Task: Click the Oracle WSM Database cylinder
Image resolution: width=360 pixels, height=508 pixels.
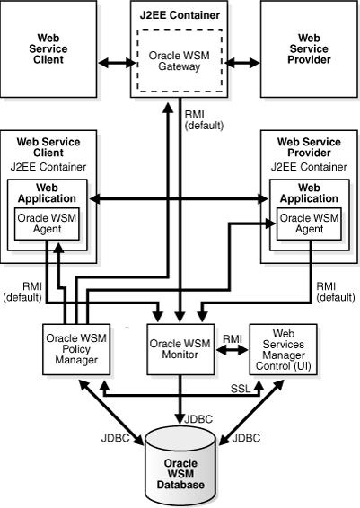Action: tap(180, 467)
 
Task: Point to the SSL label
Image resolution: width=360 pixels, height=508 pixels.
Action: tap(241, 389)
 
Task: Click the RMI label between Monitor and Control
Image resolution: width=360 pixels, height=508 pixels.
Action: tap(233, 339)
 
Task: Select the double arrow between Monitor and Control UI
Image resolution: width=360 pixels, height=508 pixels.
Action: tap(232, 350)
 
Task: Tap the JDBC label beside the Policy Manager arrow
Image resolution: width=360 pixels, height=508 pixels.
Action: tap(115, 438)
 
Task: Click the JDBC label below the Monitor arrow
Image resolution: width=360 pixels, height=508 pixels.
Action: tap(198, 419)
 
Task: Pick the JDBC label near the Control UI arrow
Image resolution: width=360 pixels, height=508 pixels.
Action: tap(246, 438)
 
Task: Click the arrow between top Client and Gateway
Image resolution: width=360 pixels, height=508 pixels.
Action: tap(117, 63)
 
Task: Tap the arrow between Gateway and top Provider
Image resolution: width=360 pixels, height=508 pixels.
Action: tap(242, 63)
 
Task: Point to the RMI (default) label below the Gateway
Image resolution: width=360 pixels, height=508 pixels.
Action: tap(204, 120)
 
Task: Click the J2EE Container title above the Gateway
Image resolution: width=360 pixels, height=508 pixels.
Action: tap(180, 15)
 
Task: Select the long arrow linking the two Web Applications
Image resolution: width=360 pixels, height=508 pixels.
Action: tap(179, 199)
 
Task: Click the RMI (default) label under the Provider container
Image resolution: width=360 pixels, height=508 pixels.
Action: tap(336, 292)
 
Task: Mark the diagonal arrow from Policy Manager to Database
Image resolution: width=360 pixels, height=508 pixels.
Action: tap(111, 412)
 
